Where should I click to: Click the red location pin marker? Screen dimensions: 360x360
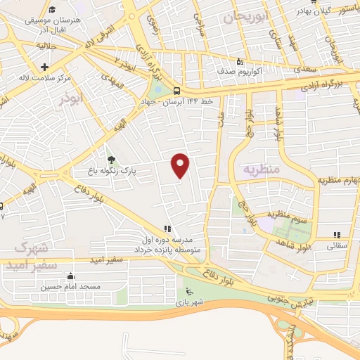[181, 165]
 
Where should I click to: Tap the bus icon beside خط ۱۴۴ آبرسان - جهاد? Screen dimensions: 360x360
[176, 91]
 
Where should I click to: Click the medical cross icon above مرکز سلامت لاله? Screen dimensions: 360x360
[44, 67]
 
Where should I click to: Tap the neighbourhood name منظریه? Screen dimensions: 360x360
[261, 170]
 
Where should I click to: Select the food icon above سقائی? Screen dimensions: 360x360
[337, 235]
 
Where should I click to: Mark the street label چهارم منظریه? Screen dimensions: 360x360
[333, 181]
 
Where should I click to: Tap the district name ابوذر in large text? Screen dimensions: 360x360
[71, 99]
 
